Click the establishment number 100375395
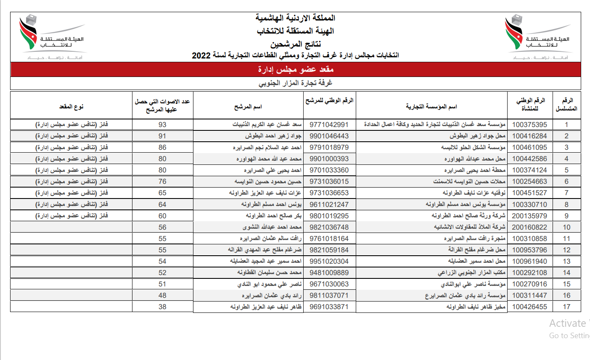tap(529, 124)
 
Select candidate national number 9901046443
tap(329, 136)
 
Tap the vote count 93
tap(162, 124)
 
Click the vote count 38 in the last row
tap(162, 307)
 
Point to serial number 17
tap(566, 307)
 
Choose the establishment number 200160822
tap(529, 227)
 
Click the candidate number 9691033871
tap(329, 307)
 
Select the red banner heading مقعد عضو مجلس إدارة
tap(296, 69)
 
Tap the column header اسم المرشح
tap(248, 107)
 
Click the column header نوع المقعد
tap(71, 107)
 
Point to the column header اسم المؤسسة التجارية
tap(431, 107)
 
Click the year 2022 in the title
tap(201, 56)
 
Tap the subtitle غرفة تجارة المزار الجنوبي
tap(296, 83)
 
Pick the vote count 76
tap(162, 181)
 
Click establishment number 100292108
tap(529, 273)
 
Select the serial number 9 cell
tap(566, 216)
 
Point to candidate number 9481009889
tap(329, 273)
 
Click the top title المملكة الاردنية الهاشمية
tap(296, 18)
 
